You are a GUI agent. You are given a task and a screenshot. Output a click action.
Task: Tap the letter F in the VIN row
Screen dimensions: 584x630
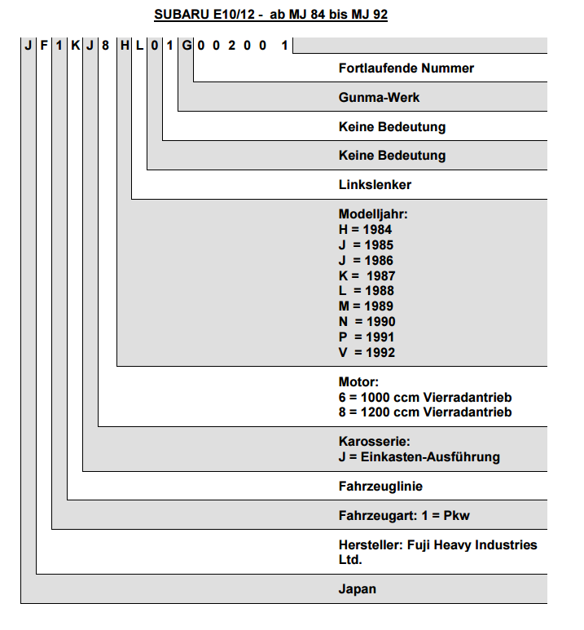click(x=44, y=46)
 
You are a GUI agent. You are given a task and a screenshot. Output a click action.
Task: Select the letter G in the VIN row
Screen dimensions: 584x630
click(x=187, y=46)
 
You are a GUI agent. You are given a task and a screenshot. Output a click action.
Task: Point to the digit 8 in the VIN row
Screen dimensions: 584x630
click(x=105, y=46)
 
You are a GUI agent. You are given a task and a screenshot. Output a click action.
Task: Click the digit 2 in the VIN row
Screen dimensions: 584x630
click(x=232, y=46)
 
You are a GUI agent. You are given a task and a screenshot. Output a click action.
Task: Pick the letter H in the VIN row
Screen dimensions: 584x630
click(x=125, y=46)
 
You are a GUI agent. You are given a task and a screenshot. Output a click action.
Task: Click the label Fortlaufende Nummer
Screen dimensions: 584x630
click(x=406, y=68)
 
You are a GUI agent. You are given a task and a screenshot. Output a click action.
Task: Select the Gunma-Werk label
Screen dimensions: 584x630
click(x=379, y=97)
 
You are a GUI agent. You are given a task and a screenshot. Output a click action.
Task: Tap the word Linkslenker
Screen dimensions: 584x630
click(x=375, y=185)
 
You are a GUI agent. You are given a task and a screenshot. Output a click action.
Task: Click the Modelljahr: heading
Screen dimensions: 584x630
click(x=373, y=214)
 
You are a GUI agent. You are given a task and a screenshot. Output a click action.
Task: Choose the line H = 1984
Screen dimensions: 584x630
click(x=365, y=229)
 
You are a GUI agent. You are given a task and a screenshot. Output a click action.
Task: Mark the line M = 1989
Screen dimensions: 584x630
click(x=366, y=306)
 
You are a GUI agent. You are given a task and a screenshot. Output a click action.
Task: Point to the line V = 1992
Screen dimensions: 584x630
click(x=367, y=352)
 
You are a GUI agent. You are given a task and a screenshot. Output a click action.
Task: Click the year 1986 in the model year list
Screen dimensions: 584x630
click(x=379, y=260)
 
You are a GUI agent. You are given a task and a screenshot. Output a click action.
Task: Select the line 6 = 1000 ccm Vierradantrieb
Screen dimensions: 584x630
click(x=425, y=398)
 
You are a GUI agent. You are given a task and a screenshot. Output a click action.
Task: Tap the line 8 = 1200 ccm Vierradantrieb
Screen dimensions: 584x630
click(x=425, y=412)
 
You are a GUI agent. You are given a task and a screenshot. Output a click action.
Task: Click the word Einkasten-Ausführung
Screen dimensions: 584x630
click(x=430, y=457)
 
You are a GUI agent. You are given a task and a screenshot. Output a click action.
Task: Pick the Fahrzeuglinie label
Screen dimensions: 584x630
click(x=380, y=487)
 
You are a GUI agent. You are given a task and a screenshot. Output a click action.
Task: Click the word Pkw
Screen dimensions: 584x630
click(x=456, y=515)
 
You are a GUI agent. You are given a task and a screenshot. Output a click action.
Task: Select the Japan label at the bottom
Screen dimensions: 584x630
click(x=357, y=589)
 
